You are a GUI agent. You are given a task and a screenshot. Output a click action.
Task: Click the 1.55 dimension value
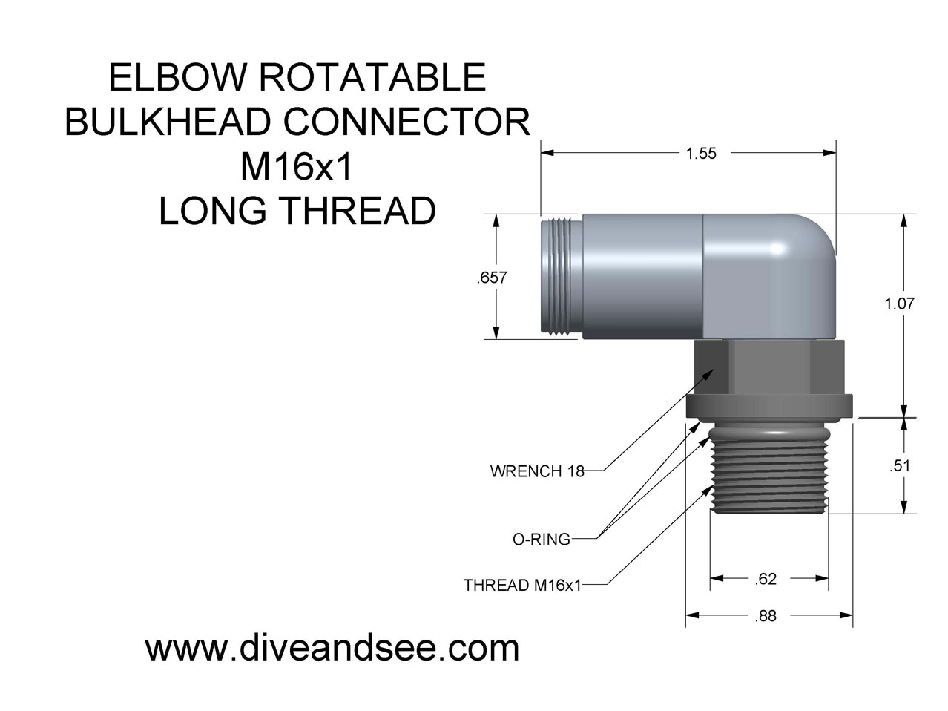point(701,154)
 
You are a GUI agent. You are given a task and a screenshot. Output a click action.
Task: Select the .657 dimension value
point(492,278)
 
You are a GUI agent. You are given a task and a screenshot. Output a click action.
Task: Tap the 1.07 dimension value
point(900,303)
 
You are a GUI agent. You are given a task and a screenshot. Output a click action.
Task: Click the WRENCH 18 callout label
point(537,471)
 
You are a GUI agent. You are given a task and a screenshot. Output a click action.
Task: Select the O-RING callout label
point(542,540)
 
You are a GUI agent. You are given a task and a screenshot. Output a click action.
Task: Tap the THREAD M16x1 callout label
point(522,585)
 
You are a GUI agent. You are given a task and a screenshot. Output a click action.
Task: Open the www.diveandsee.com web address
point(332,648)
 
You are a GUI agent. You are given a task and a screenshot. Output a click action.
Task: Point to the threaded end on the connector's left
point(559,276)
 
